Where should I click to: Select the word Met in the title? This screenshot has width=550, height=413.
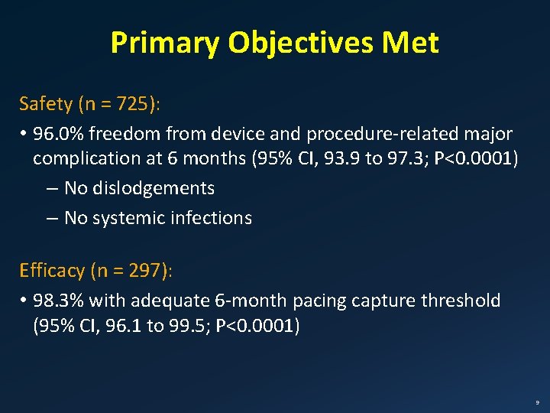tap(412, 44)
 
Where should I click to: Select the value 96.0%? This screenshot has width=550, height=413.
tap(60, 135)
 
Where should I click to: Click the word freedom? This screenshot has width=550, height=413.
tap(125, 135)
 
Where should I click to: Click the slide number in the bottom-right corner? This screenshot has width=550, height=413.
tap(537, 402)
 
